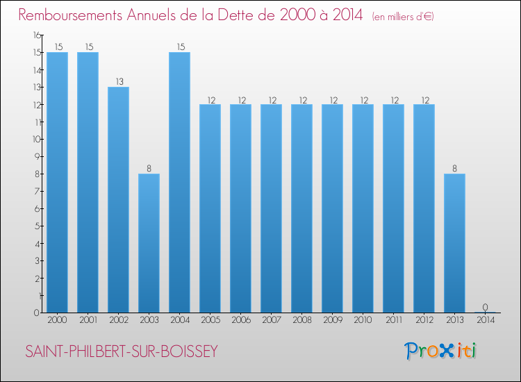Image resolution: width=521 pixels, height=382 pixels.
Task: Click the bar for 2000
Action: (x=57, y=182)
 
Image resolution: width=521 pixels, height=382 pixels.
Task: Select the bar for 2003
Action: (x=149, y=243)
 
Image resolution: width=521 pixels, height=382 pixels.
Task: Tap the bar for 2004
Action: (x=179, y=182)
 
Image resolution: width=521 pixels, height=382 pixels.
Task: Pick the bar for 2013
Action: (x=454, y=243)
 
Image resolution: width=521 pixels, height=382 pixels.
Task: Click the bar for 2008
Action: (x=301, y=208)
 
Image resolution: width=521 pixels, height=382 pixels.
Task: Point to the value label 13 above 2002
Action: (x=118, y=81)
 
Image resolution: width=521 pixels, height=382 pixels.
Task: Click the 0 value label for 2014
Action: (x=485, y=307)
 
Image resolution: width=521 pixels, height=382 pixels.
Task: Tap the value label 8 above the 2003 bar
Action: (x=149, y=168)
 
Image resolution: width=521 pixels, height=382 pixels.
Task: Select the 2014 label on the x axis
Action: (x=485, y=320)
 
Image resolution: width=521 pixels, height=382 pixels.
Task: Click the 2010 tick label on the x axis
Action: (x=363, y=320)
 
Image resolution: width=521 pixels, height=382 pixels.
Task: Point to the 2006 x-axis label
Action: (x=240, y=320)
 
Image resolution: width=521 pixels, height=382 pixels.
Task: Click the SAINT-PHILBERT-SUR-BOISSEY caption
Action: (x=122, y=351)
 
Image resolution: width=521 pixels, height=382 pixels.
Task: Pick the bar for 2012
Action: (x=424, y=208)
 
